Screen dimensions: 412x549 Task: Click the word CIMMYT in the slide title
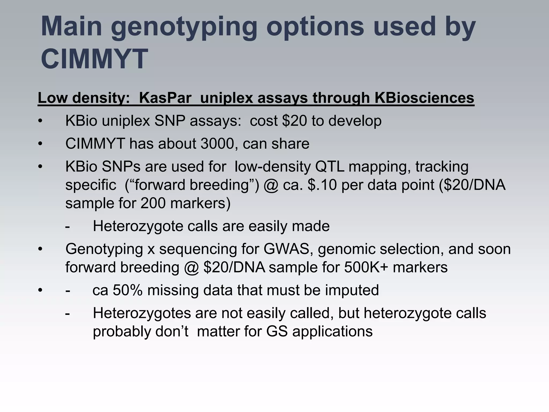click(94, 58)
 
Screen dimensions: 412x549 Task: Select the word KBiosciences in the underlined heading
click(424, 98)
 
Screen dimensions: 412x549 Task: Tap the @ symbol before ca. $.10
click(271, 185)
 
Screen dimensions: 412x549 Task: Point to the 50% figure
click(128, 290)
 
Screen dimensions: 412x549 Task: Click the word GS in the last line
click(277, 331)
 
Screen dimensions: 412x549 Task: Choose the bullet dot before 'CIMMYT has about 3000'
click(40, 144)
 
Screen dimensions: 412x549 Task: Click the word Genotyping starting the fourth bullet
click(104, 249)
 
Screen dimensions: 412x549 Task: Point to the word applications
click(332, 332)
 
